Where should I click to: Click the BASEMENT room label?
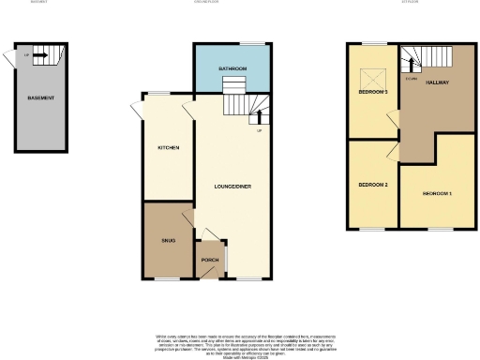[40, 98]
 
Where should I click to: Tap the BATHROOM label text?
[232, 69]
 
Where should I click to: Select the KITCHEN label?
[168, 148]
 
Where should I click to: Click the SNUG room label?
[168, 241]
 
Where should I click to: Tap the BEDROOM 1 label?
[437, 193]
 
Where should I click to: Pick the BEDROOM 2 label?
[372, 185]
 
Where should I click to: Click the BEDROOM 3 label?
[372, 92]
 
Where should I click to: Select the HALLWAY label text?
[438, 82]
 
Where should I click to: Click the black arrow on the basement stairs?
[40, 54]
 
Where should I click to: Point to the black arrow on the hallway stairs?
[410, 64]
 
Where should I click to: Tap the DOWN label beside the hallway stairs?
[411, 78]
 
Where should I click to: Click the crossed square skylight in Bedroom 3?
[367, 79]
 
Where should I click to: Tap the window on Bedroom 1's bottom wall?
[438, 227]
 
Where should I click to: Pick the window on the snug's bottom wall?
[168, 278]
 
